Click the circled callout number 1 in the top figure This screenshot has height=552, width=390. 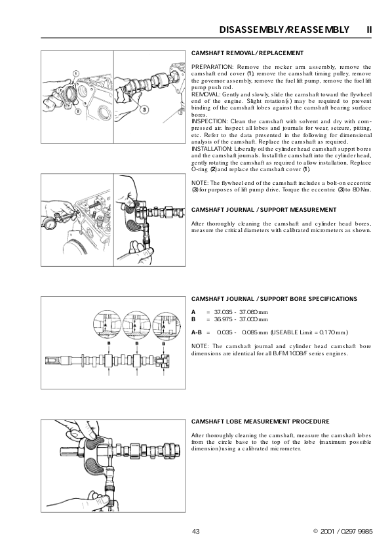(x=75, y=73)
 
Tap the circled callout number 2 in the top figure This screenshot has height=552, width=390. (x=79, y=111)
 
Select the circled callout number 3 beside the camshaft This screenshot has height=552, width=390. (x=144, y=109)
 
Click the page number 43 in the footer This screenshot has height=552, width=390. (x=196, y=531)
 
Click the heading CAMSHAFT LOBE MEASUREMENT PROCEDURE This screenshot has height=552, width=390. (x=260, y=422)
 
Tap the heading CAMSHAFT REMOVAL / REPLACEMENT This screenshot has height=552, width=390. (x=248, y=53)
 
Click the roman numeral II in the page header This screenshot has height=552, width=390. (x=369, y=30)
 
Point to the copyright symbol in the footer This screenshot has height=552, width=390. (x=315, y=531)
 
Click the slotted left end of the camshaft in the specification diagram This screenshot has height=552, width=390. (x=52, y=360)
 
